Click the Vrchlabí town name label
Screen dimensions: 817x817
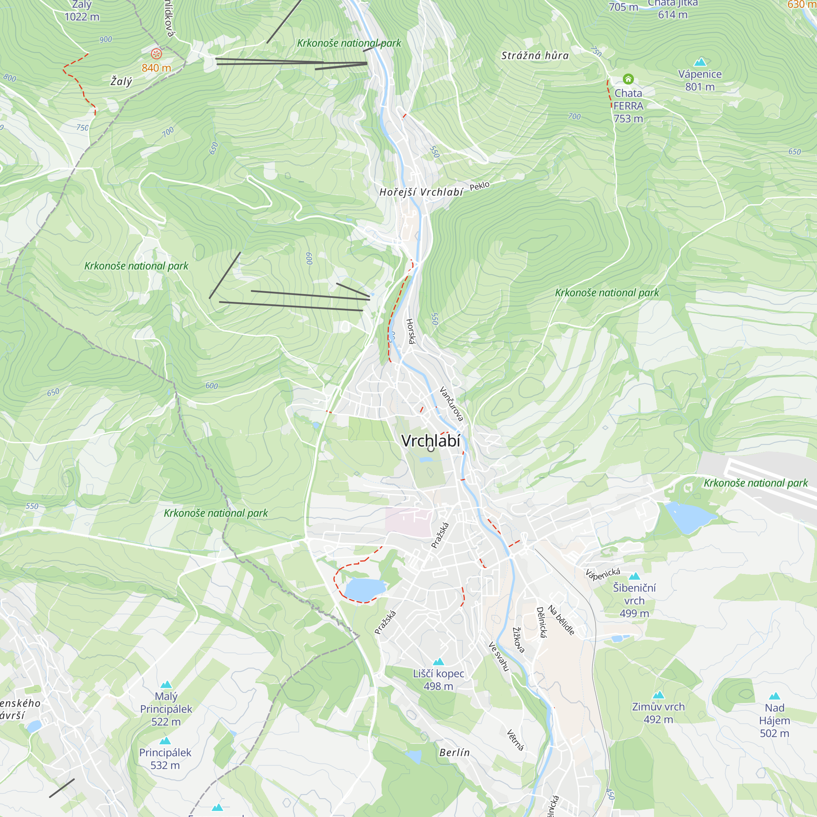(431, 441)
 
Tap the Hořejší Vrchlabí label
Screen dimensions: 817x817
(421, 192)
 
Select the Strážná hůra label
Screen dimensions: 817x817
(535, 56)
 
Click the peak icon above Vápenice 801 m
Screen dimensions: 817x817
(700, 62)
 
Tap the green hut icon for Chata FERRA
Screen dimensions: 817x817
(628, 79)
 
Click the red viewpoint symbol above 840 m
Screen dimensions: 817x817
(156, 54)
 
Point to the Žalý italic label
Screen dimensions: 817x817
(121, 81)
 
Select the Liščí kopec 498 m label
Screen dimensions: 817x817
(438, 680)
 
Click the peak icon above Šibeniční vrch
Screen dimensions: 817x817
(634, 576)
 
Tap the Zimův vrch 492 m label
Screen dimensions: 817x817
(658, 712)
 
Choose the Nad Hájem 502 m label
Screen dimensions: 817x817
(774, 720)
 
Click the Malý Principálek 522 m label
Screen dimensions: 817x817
(166, 709)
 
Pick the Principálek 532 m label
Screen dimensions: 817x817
(165, 759)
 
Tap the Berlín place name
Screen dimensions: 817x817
(455, 752)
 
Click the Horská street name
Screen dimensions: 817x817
(411, 331)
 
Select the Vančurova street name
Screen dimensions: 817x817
(451, 404)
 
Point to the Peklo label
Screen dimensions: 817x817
(480, 185)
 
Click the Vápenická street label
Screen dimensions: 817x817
(603, 574)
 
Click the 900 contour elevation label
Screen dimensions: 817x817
(106, 40)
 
